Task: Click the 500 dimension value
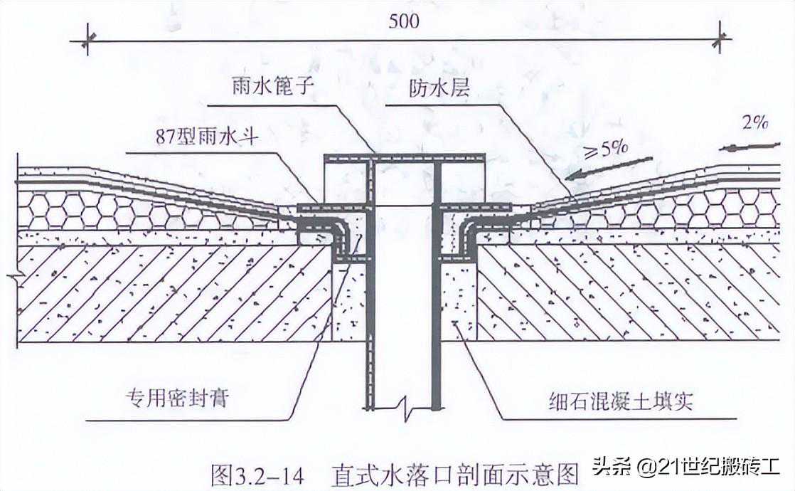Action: (404, 21)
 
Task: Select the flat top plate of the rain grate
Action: (404, 157)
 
